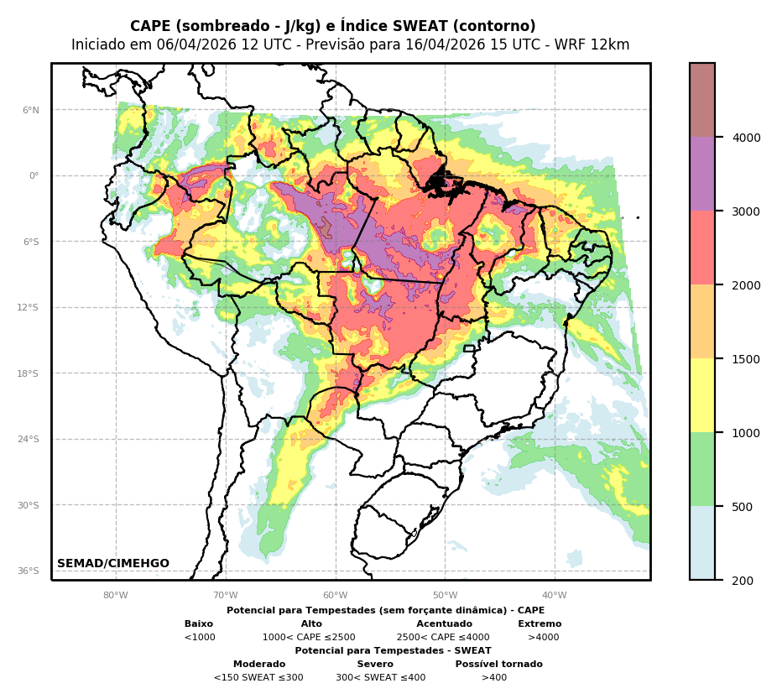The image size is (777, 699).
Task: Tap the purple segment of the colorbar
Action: pyautogui.click(x=702, y=174)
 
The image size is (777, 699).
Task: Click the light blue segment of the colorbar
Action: pyautogui.click(x=702, y=543)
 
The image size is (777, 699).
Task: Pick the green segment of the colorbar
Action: pyautogui.click(x=702, y=469)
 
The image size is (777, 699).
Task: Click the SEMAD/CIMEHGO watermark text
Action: pyautogui.click(x=113, y=564)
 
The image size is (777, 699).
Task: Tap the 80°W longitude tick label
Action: pyautogui.click(x=116, y=596)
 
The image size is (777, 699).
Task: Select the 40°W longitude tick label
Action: pyautogui.click(x=555, y=596)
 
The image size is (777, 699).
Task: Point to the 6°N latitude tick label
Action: pyautogui.click(x=31, y=110)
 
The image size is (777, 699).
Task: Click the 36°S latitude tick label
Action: pyautogui.click(x=29, y=571)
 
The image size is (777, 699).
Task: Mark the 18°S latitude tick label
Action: pyautogui.click(x=29, y=373)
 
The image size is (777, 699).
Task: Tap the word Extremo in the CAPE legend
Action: pyautogui.click(x=540, y=624)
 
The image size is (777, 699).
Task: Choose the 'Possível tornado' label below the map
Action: pyautogui.click(x=498, y=665)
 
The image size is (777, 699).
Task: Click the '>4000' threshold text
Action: pyautogui.click(x=543, y=638)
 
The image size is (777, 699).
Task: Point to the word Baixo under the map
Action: pyautogui.click(x=199, y=624)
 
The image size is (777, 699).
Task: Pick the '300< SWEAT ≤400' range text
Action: pyautogui.click(x=380, y=678)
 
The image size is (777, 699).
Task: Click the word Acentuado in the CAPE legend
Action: pyautogui.click(x=444, y=624)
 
